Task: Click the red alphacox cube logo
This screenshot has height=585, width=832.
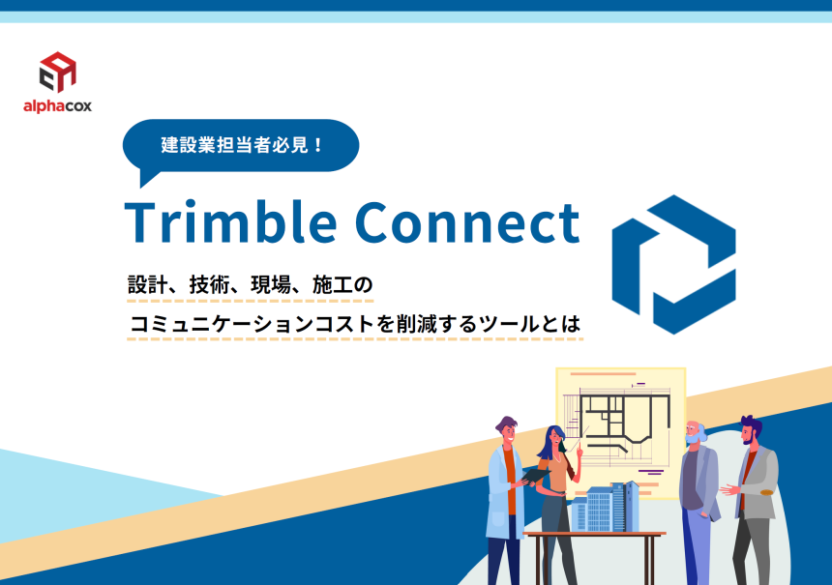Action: coord(58,72)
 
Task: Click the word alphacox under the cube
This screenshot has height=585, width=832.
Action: coord(57,106)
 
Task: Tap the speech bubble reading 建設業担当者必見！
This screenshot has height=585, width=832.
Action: coord(241,146)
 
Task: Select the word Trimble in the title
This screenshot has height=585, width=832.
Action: coord(231,221)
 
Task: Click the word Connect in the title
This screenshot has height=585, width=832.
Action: coord(467,222)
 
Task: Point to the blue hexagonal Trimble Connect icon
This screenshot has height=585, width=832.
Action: coord(674,265)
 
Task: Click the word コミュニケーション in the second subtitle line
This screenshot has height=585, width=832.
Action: coord(222,324)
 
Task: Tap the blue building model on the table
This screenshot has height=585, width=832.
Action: coord(605,507)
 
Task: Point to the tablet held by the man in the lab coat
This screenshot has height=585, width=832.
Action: coord(536,475)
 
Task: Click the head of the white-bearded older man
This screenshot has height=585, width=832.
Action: coord(695,433)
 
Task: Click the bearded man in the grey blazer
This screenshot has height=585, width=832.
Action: coord(752,500)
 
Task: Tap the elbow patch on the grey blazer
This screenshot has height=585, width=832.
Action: coord(767,493)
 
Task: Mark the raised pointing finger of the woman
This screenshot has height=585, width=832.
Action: coord(579,446)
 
